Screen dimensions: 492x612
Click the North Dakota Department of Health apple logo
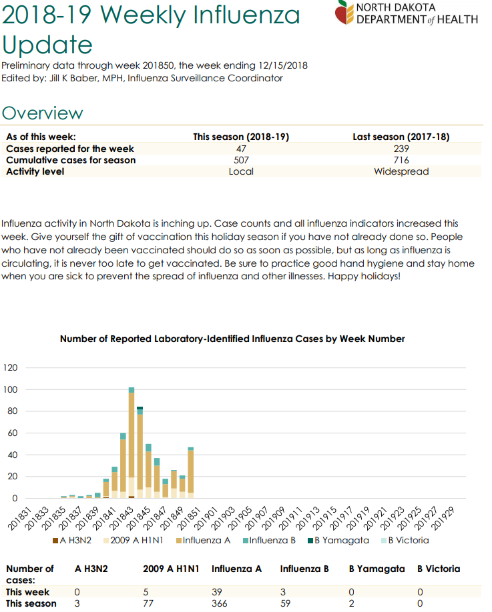coord(344,12)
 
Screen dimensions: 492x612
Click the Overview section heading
coord(42,113)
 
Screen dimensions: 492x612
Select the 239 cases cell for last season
coord(401,149)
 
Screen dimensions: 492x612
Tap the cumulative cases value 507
coord(241,160)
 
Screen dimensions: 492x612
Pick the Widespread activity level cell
coord(401,171)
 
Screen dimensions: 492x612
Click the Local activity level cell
coord(241,171)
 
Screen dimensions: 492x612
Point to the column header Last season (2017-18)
coord(401,137)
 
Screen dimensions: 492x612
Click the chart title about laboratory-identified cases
coord(232,339)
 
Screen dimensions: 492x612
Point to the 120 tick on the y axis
coord(10,367)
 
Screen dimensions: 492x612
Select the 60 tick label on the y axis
coord(13,433)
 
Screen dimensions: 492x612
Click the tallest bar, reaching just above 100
coord(132,443)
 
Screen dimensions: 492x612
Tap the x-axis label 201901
coord(206,518)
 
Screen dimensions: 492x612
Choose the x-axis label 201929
coord(443,518)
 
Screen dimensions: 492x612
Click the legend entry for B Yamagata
coord(338,541)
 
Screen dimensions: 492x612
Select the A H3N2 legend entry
coord(72,541)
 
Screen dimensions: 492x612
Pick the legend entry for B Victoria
coord(405,541)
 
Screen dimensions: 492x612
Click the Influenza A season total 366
coord(219,603)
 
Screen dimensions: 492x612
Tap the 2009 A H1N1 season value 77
coord(148,603)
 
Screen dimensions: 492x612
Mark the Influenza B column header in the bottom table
coord(304,569)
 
